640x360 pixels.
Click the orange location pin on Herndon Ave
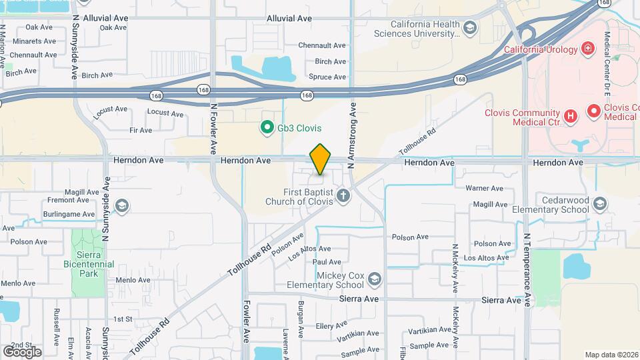click(321, 159)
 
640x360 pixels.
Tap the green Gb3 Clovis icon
click(267, 127)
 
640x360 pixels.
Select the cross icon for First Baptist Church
click(343, 195)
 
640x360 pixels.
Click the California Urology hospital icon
click(587, 48)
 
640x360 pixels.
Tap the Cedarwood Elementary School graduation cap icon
click(599, 204)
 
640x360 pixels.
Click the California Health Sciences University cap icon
click(470, 28)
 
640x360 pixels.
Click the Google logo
click(22, 351)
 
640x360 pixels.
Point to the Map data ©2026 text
click(611, 355)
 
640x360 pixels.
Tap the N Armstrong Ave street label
click(354, 126)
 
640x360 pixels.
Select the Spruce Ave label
click(327, 77)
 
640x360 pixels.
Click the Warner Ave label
click(484, 188)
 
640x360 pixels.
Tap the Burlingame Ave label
click(70, 214)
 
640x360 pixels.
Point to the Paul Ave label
click(327, 262)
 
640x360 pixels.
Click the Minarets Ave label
click(31, 41)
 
